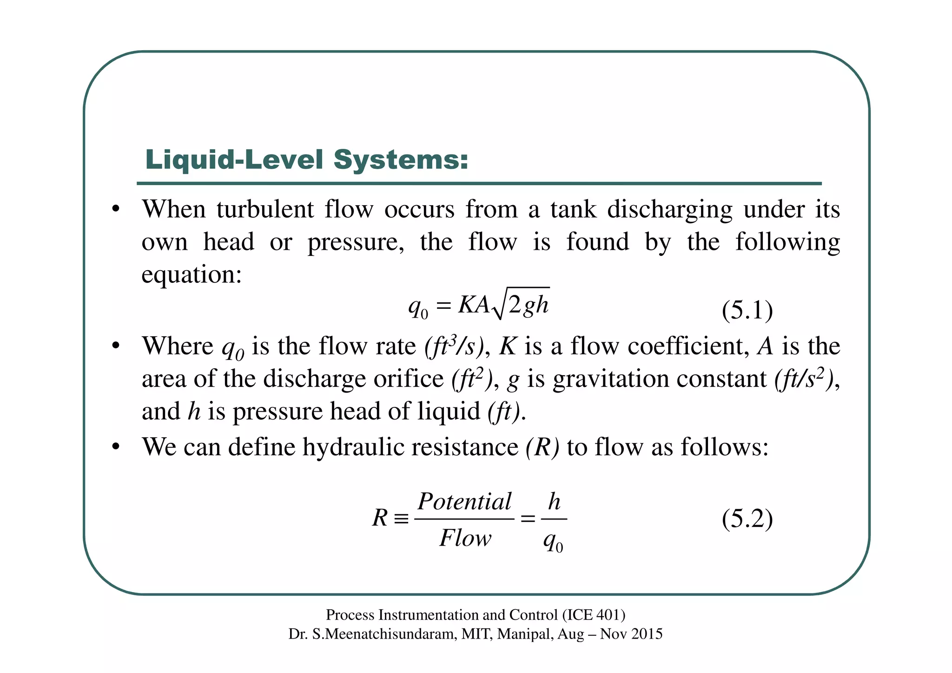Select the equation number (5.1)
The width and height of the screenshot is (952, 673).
point(747,310)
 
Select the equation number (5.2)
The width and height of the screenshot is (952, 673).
point(747,519)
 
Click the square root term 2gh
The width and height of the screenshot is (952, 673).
point(529,305)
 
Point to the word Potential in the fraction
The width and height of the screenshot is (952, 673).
point(464,501)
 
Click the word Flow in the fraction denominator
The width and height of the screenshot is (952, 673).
point(465,538)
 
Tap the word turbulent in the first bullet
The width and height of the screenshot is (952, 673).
point(265,209)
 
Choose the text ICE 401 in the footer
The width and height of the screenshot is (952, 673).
point(593,615)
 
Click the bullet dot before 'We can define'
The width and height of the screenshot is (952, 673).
point(116,447)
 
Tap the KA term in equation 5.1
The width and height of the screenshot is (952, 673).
point(473,306)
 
